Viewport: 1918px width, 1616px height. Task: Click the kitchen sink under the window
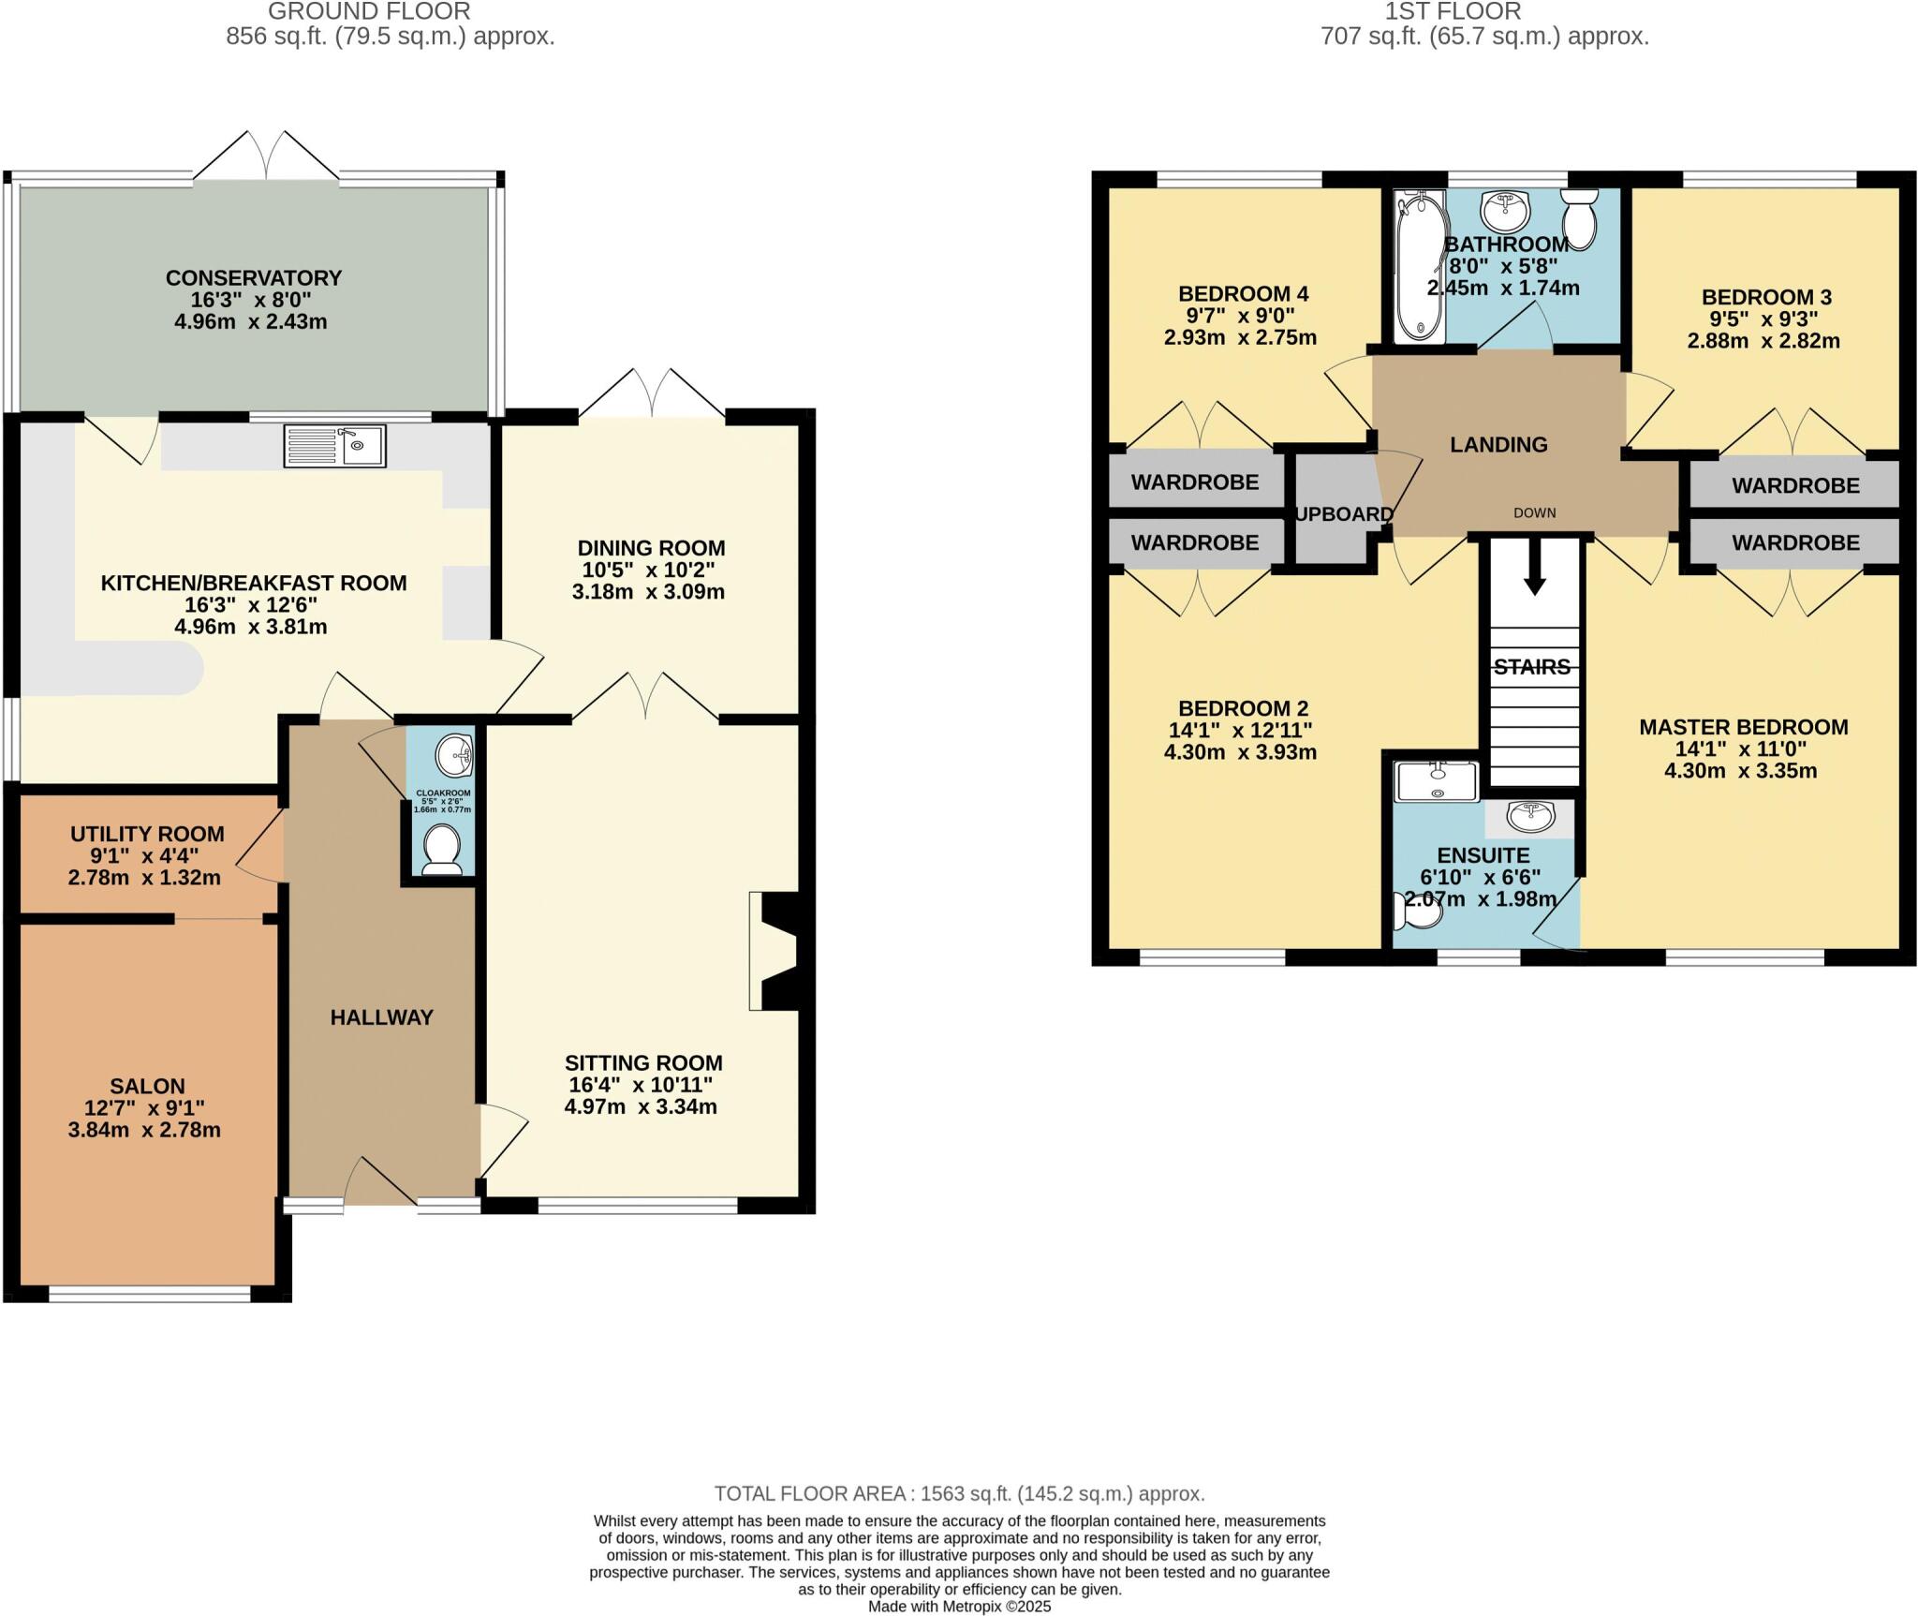(x=334, y=446)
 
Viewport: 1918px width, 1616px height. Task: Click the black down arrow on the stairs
(x=1534, y=572)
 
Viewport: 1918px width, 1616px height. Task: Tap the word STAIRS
(x=1532, y=667)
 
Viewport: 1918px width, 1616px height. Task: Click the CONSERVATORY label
(x=254, y=278)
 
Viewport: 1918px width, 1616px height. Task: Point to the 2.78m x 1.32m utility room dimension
(x=145, y=878)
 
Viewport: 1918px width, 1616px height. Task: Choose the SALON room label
(x=147, y=1086)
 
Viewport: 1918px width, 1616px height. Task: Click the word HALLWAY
(x=382, y=1016)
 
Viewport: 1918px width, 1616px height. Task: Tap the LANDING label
(x=1498, y=445)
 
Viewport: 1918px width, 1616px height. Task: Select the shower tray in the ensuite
(x=1436, y=781)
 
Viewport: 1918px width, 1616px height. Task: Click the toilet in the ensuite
(x=1419, y=911)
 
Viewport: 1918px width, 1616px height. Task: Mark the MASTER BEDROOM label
(x=1743, y=727)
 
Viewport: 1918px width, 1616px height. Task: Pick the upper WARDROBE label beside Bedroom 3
(x=1795, y=485)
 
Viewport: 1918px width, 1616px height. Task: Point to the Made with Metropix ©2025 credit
(x=959, y=1606)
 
